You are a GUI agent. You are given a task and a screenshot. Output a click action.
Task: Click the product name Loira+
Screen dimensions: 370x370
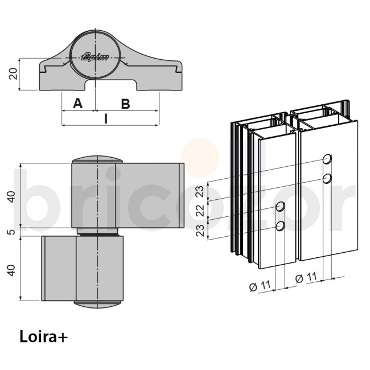tap(43, 336)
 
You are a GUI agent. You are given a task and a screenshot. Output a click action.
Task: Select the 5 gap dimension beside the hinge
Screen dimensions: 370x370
tap(10, 232)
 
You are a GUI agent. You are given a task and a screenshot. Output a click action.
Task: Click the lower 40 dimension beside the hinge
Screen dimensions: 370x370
tap(10, 269)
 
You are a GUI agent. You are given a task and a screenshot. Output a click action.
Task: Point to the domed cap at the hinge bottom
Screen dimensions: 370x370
tap(98, 304)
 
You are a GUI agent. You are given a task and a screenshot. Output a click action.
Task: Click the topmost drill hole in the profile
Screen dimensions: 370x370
tap(327, 158)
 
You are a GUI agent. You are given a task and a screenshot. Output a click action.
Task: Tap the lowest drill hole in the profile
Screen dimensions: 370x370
tap(280, 227)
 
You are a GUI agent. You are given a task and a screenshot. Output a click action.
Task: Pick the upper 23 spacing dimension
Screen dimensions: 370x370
tap(200, 191)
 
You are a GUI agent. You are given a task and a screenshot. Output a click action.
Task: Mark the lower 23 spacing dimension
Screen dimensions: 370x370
tap(200, 231)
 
